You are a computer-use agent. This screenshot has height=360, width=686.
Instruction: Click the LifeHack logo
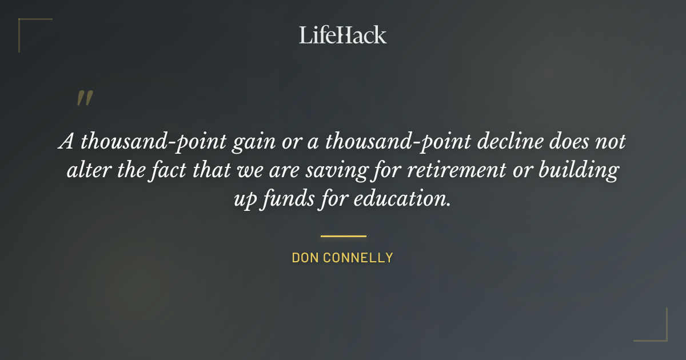[x=342, y=35]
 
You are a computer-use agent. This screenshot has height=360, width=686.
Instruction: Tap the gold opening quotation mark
[x=84, y=98]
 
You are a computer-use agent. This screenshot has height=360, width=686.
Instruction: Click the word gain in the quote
[x=250, y=142]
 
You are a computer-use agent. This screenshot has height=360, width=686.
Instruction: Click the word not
[x=611, y=142]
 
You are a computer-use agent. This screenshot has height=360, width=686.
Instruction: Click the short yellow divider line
[x=343, y=235]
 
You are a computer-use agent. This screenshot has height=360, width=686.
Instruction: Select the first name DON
[x=305, y=258]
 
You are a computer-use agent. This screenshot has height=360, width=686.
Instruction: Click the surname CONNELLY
[x=358, y=258]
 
